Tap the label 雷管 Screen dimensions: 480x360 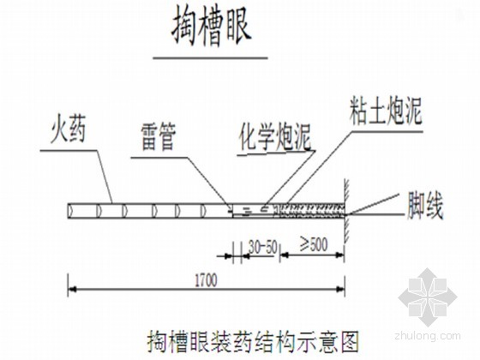[x=159, y=138]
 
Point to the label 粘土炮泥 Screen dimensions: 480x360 [x=386, y=112]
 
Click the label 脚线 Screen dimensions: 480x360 [x=424, y=206]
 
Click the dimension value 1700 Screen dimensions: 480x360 [x=207, y=280]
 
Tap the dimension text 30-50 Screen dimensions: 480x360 [x=262, y=247]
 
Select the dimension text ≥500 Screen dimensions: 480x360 [x=313, y=245]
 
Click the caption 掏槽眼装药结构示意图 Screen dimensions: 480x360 [x=253, y=342]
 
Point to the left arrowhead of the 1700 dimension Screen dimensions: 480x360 [x=72, y=289]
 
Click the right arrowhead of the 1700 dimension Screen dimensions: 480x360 [x=341, y=289]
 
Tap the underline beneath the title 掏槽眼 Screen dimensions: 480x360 [x=210, y=57]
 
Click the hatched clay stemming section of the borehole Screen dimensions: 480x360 [x=310, y=210]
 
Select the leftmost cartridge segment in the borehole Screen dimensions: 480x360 [x=82, y=211]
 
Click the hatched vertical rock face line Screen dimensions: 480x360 [x=346, y=211]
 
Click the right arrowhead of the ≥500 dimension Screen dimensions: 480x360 [x=339, y=255]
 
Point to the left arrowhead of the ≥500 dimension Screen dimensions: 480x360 [x=285, y=255]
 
